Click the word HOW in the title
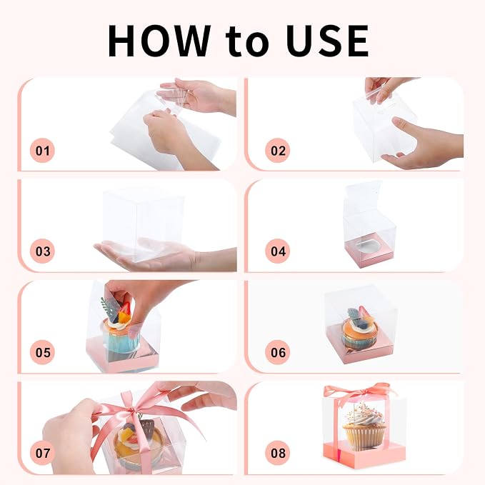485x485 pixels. [159, 41]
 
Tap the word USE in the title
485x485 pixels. [327, 41]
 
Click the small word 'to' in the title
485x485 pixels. [247, 43]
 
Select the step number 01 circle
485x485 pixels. [42, 151]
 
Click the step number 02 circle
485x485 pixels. [278, 151]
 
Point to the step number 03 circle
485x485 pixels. [42, 251]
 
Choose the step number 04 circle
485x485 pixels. [278, 251]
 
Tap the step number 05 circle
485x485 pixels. [42, 352]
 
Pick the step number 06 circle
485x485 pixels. [278, 352]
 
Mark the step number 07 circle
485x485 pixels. [42, 453]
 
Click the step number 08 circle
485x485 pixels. [278, 453]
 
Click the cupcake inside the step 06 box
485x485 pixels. [360, 329]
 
